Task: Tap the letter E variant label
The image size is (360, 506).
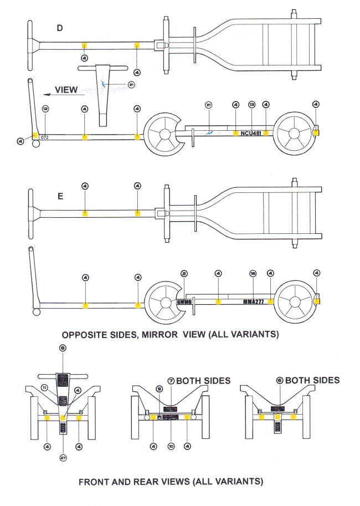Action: click(x=60, y=196)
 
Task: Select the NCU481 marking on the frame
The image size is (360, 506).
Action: click(x=250, y=134)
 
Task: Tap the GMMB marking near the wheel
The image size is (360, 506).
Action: click(x=184, y=302)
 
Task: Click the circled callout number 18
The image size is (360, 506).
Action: click(x=253, y=273)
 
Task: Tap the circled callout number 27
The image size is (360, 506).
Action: click(x=63, y=457)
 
